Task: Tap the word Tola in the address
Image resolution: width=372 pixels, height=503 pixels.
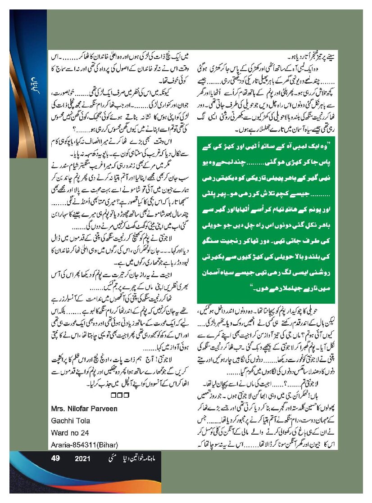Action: pos(83,421)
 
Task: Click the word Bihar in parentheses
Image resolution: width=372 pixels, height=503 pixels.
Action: pos(106,445)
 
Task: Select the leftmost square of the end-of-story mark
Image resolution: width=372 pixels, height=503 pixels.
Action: pos(113,396)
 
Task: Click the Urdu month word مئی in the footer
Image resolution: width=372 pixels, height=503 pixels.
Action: pos(107,459)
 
